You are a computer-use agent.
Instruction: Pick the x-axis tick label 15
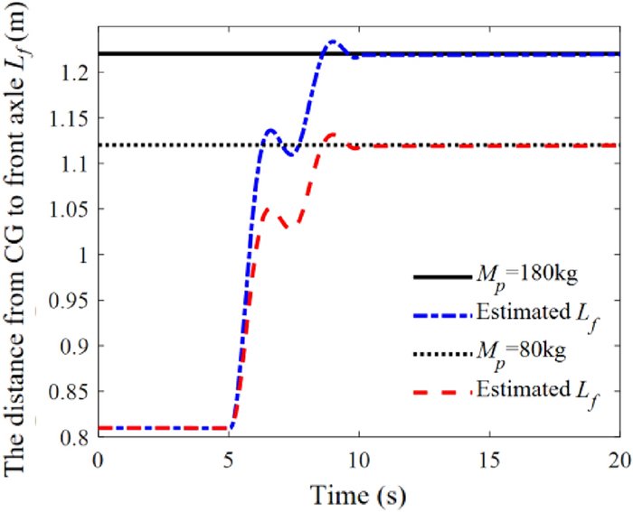point(489,459)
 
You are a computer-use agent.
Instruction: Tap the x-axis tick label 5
point(228,459)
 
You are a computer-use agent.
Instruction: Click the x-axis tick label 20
point(619,459)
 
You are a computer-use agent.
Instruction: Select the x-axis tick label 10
point(359,459)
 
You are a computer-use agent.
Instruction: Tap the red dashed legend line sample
point(443,391)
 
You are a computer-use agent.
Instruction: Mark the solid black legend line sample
point(443,277)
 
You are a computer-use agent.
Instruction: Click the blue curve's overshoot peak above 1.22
point(334,42)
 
